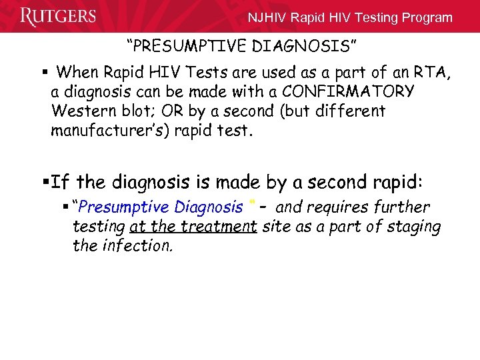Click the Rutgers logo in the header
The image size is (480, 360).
point(58,17)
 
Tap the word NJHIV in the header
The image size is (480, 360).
point(268,18)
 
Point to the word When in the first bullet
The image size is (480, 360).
point(75,72)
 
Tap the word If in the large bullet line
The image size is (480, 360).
point(60,181)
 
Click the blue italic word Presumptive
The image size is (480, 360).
point(120,208)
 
